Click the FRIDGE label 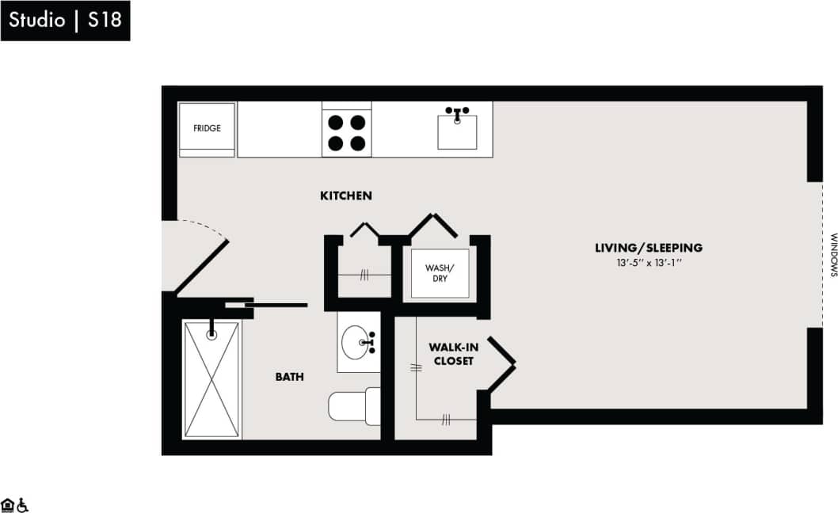pyautogui.click(x=207, y=127)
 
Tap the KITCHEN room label pyautogui.click(x=346, y=196)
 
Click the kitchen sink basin pyautogui.click(x=457, y=132)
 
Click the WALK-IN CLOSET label pyautogui.click(x=451, y=354)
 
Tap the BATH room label pyautogui.click(x=289, y=377)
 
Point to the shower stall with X pyautogui.click(x=211, y=378)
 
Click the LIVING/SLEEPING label pyautogui.click(x=649, y=248)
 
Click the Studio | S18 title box pyautogui.click(x=65, y=20)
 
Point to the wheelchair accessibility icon pyautogui.click(x=23, y=504)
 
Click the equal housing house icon pyautogui.click(x=8, y=504)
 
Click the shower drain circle pyautogui.click(x=211, y=335)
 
